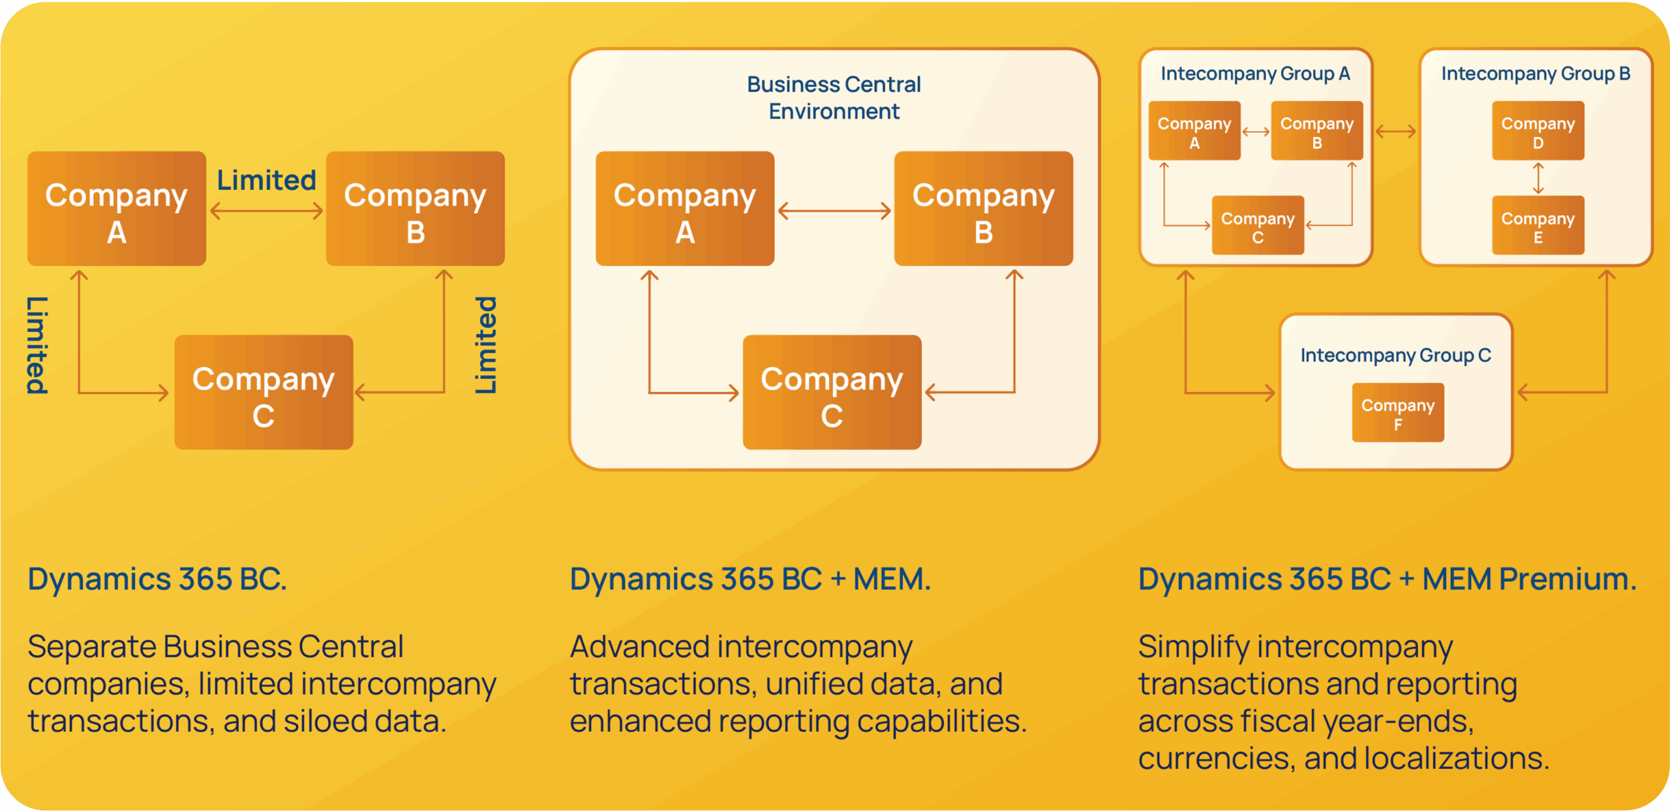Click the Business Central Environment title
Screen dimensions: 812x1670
coord(834,98)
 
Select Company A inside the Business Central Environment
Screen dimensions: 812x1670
coord(685,209)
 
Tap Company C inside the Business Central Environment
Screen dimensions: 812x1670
coord(832,393)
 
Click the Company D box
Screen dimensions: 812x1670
coord(1538,131)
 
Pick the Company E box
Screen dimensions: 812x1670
coord(1538,226)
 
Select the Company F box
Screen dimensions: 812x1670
coord(1397,413)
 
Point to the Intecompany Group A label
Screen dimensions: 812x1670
coord(1255,74)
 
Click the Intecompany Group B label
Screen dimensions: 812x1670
coord(1536,74)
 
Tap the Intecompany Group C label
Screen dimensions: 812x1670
coord(1395,355)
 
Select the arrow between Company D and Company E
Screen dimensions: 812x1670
coord(1538,178)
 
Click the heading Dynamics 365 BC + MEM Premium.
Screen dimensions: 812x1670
coord(1388,579)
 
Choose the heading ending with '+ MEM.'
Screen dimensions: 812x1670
coord(750,579)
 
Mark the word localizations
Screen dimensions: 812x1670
coord(1456,759)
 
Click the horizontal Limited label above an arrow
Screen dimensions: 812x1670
coord(266,181)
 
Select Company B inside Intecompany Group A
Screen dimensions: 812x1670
coord(1316,131)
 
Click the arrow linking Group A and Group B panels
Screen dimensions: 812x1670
coord(1395,132)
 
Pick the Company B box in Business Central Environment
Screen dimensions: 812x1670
coord(983,209)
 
